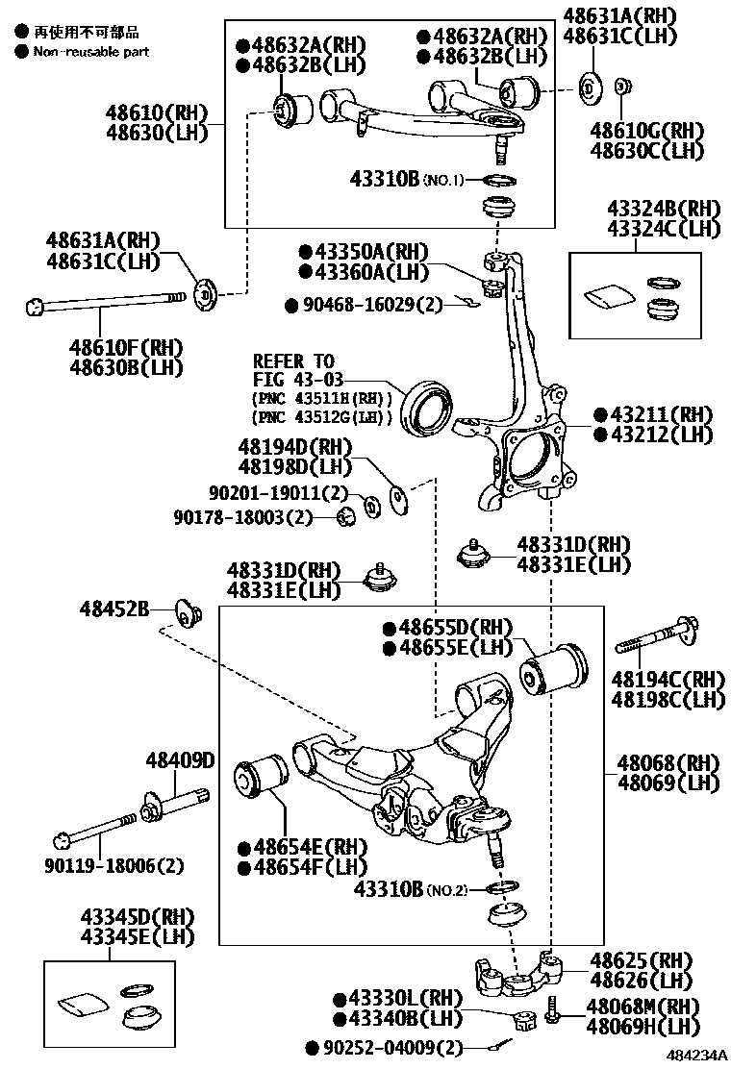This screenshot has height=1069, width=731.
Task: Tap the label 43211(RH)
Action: click(x=654, y=414)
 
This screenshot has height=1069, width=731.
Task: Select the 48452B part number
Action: click(x=114, y=609)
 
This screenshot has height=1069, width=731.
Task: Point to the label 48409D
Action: click(x=180, y=761)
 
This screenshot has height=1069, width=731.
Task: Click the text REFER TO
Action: click(x=293, y=361)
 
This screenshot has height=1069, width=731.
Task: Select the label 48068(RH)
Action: click(x=668, y=763)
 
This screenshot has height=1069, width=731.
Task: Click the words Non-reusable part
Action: click(x=91, y=51)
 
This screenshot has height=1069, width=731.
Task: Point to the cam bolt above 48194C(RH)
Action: click(x=657, y=638)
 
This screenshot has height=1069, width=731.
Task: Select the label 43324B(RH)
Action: click(x=663, y=209)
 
